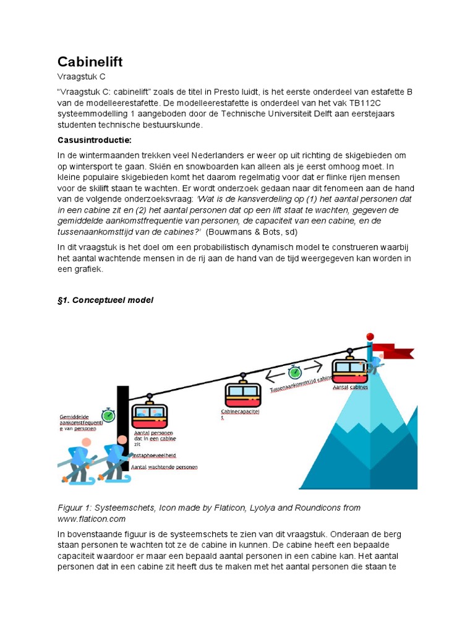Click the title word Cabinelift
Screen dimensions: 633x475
(x=90, y=62)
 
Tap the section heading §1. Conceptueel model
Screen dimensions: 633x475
(x=105, y=300)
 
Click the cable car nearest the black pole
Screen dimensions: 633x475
(x=149, y=412)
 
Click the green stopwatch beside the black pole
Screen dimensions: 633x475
(x=109, y=415)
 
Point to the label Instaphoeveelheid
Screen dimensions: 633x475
(x=155, y=455)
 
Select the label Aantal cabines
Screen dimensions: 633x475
(x=350, y=388)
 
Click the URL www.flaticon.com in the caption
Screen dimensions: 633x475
(x=92, y=519)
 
